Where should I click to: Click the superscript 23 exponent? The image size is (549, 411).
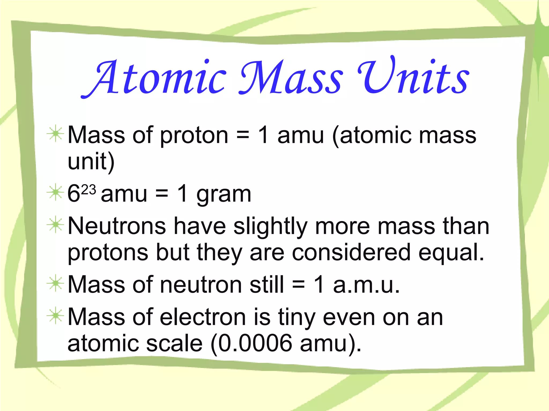coord(88,190)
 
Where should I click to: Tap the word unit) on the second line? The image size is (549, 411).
coord(91,162)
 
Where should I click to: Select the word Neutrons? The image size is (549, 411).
coord(117,226)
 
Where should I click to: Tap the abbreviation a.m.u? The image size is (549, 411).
coord(366,285)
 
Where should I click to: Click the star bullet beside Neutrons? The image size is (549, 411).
coord(55,225)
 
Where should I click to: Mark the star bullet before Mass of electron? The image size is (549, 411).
coord(55,316)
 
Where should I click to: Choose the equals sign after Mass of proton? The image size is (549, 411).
coord(243,135)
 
